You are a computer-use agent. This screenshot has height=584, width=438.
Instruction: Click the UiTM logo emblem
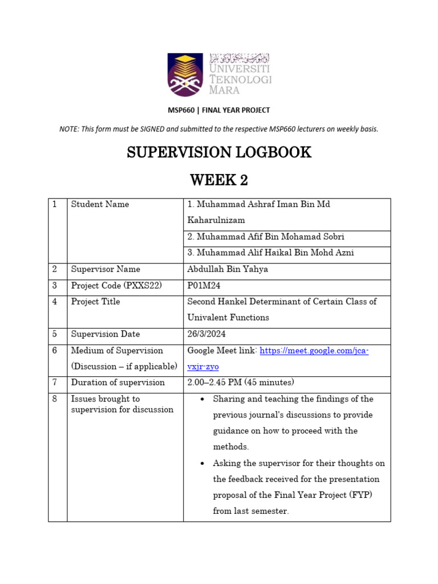coord(185,74)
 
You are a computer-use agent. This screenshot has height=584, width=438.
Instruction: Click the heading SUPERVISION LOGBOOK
coord(219,152)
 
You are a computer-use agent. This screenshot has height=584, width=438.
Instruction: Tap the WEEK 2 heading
coord(219,180)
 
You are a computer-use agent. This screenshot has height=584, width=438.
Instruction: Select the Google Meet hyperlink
coord(314,351)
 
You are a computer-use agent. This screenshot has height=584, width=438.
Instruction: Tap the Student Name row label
coord(100,204)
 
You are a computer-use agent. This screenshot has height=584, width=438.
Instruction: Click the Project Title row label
coord(95,302)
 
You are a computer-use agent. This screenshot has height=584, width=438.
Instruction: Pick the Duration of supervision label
coord(117,383)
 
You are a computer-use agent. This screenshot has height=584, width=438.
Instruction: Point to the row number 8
coord(55,399)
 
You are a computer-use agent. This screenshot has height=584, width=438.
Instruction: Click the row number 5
coord(55,334)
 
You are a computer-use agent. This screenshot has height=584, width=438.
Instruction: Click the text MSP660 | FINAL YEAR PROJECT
coord(219,110)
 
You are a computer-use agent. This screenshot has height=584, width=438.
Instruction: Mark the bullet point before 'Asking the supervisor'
coord(202,463)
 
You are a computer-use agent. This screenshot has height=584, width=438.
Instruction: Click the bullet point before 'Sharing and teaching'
coord(202,399)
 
